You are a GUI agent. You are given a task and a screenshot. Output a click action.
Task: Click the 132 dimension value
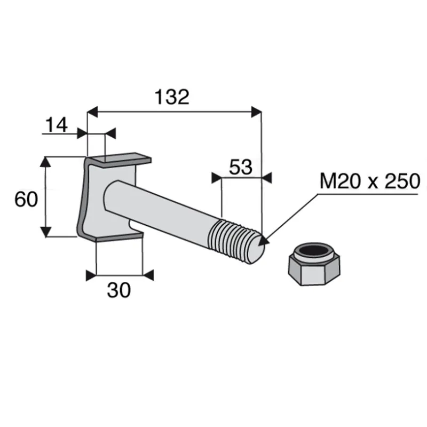coord(172,97)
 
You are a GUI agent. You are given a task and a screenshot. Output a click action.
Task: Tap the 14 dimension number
coord(57,125)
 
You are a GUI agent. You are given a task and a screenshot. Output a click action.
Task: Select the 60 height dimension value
coord(26,199)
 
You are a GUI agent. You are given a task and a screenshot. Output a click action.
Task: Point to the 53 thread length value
coord(241,167)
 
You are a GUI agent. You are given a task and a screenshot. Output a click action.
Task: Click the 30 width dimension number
coord(118,290)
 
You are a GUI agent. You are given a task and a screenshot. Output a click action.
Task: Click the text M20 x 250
coord(370,181)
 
